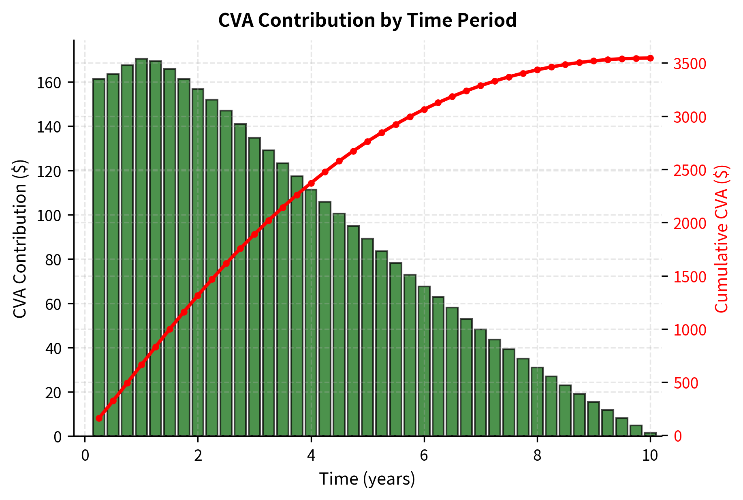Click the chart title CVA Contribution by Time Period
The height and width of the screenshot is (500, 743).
tap(367, 20)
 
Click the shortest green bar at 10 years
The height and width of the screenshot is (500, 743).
tap(650, 434)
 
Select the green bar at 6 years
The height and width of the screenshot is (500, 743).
tap(424, 361)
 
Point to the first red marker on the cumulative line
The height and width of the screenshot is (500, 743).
tap(99, 418)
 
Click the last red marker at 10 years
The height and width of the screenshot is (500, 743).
tap(650, 58)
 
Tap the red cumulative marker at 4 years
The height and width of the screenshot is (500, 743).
tap(311, 183)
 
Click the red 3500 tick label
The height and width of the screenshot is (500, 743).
tap(690, 64)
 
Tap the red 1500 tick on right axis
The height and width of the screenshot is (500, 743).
tap(690, 277)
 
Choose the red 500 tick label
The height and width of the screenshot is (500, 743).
tap(685, 383)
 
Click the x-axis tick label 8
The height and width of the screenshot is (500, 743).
tap(537, 455)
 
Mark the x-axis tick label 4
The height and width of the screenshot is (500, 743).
tap(311, 455)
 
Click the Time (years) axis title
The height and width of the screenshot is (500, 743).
tap(367, 479)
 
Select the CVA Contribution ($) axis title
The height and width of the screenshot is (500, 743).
tap(20, 239)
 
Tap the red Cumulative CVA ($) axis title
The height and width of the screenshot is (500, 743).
tap(722, 239)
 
